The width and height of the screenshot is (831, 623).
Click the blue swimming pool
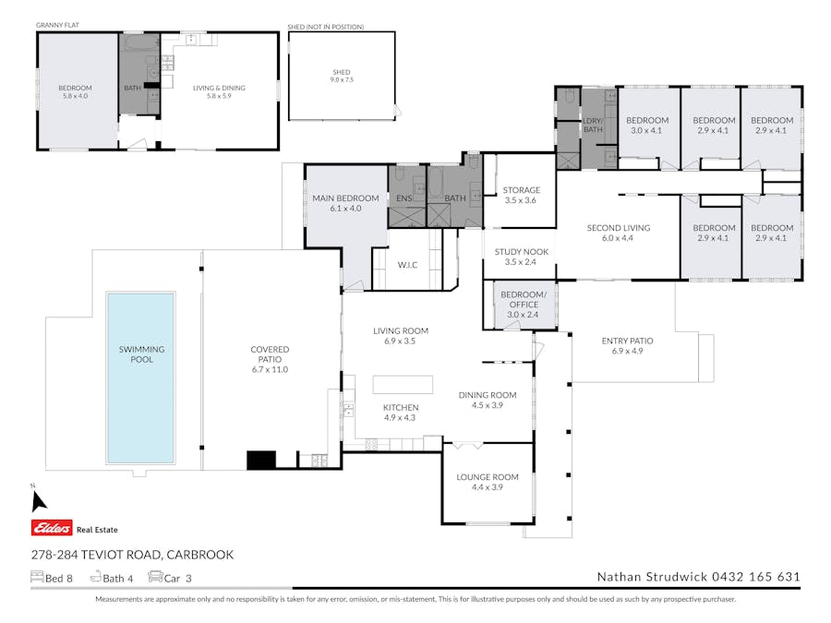(141, 377)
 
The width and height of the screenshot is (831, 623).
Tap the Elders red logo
(52, 528)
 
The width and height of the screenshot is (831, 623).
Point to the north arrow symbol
(38, 501)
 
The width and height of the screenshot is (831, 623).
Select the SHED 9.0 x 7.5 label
(342, 76)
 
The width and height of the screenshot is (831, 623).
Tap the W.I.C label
(407, 265)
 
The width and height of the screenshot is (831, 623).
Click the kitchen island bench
(403, 385)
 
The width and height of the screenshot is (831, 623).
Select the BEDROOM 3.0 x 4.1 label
(647, 126)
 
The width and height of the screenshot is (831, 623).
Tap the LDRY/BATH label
(593, 125)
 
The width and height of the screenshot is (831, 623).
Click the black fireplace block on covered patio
(261, 460)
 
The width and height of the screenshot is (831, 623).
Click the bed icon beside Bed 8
(37, 576)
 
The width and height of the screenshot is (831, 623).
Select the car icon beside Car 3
(155, 576)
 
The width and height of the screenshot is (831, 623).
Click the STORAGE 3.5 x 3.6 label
(522, 195)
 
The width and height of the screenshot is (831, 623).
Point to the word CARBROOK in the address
(199, 555)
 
